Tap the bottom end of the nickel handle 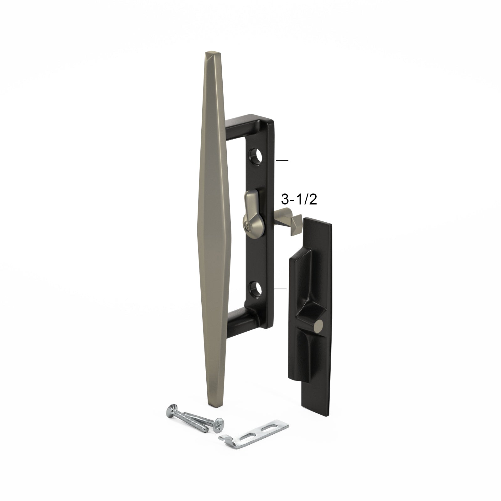coord(216,404)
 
